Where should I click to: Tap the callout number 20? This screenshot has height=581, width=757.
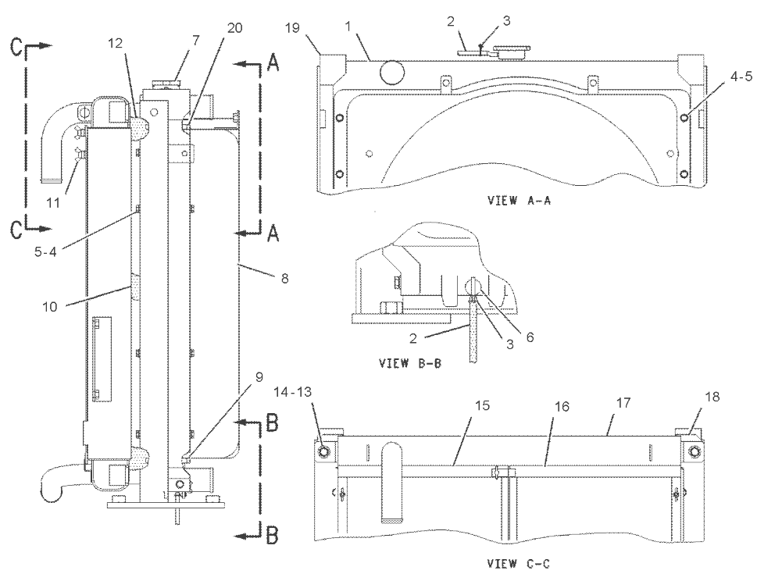(235, 27)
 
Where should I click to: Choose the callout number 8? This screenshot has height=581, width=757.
(284, 277)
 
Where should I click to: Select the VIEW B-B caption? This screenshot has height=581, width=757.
(407, 362)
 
